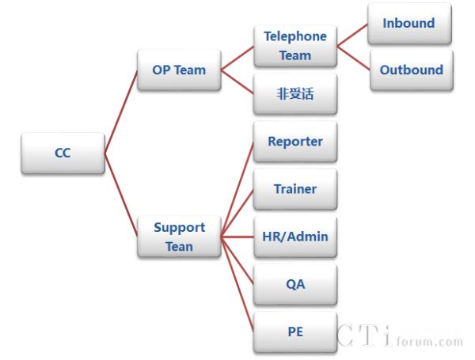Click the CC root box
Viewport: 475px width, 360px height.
63,153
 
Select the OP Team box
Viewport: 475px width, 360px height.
179,70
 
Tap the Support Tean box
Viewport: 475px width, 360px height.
179,237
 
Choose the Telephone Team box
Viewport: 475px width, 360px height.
294,46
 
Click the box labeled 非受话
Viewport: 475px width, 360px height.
294,94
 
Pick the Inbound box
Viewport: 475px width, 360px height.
408,24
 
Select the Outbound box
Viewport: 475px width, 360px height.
411,70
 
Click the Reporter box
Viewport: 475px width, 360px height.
294,142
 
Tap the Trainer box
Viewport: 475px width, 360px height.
294,189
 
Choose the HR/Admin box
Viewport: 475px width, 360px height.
294,236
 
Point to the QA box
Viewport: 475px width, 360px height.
294,284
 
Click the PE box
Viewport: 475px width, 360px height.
294,332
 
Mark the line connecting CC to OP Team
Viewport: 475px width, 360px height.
120,112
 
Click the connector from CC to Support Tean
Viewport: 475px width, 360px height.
120,195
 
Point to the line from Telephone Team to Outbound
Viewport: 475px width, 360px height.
353,58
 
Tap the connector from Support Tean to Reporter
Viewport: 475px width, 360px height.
237,189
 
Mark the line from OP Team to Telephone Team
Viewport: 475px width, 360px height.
237,58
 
